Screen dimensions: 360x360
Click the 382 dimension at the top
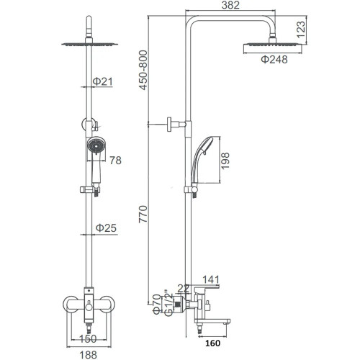(230, 5)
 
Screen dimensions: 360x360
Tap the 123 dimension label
(301, 30)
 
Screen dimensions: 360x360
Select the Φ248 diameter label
(274, 60)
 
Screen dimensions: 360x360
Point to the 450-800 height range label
(143, 70)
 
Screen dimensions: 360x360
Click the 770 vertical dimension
(143, 215)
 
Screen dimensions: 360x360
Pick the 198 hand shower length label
(225, 161)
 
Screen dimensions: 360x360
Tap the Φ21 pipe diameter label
(103, 81)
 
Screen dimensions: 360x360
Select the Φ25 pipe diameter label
(106, 228)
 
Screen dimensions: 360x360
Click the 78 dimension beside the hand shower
(115, 161)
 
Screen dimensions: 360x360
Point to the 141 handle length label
(211, 279)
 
